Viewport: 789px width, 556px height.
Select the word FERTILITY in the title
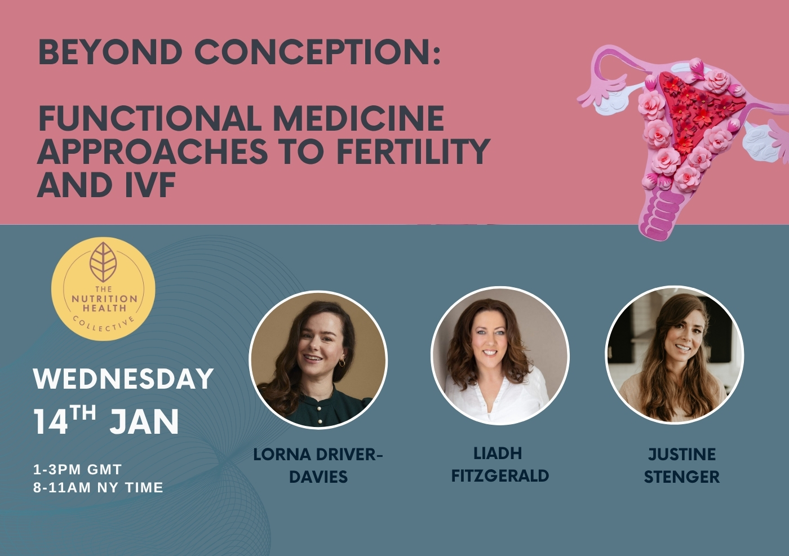414,151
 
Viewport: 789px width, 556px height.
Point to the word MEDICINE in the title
358,118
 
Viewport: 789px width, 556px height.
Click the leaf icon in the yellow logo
103,262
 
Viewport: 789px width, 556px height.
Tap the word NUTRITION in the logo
104,299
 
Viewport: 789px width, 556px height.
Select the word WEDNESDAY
123,379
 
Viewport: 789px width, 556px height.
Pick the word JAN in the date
144,421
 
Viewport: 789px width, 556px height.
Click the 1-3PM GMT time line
78,469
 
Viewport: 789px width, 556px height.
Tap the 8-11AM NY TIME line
98,488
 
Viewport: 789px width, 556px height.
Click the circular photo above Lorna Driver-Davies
318,359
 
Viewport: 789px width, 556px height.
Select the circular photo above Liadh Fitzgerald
500,355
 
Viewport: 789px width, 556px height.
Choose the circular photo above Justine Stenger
674,354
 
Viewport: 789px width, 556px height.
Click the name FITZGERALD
500,476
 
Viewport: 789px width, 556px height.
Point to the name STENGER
681,477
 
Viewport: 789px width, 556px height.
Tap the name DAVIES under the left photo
318,477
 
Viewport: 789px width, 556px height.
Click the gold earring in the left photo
342,362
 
